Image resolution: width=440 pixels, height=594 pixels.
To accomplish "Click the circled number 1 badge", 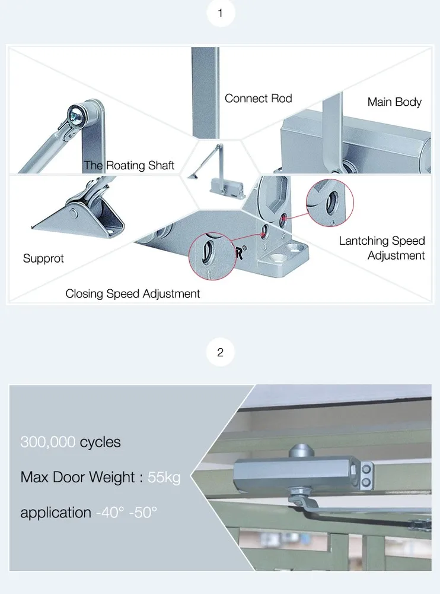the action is [x=221, y=13].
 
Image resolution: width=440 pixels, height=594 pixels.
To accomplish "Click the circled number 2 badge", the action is [x=221, y=352].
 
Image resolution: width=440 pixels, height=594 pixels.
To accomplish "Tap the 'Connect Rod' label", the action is [x=259, y=99].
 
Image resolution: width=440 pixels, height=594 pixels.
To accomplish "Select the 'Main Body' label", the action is [x=394, y=102].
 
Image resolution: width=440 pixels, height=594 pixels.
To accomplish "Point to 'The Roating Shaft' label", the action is [x=129, y=166].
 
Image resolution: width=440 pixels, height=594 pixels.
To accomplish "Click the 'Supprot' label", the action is [x=43, y=258].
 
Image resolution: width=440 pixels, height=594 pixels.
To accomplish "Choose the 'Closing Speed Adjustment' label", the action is [x=132, y=293].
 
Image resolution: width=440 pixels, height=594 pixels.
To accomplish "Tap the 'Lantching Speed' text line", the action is [x=382, y=241].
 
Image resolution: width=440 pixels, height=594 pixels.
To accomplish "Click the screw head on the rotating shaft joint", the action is [x=75, y=113].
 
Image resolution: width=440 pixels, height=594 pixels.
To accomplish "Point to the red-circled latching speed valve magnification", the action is [x=330, y=203].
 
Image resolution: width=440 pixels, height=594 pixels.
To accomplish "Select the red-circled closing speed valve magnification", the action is [x=212, y=256].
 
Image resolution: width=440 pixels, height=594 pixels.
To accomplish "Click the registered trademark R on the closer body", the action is [x=240, y=252].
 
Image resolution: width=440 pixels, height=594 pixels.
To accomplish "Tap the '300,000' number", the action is [x=47, y=442].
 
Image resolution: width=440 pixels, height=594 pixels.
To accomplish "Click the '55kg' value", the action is [x=164, y=478].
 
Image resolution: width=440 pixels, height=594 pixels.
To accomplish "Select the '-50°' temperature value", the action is [x=143, y=513].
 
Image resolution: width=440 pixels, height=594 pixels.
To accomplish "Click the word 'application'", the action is [x=56, y=513].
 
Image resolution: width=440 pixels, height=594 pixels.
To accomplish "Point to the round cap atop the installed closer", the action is [x=301, y=452].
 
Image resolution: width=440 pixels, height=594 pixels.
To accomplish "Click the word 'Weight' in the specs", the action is [x=112, y=478].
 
